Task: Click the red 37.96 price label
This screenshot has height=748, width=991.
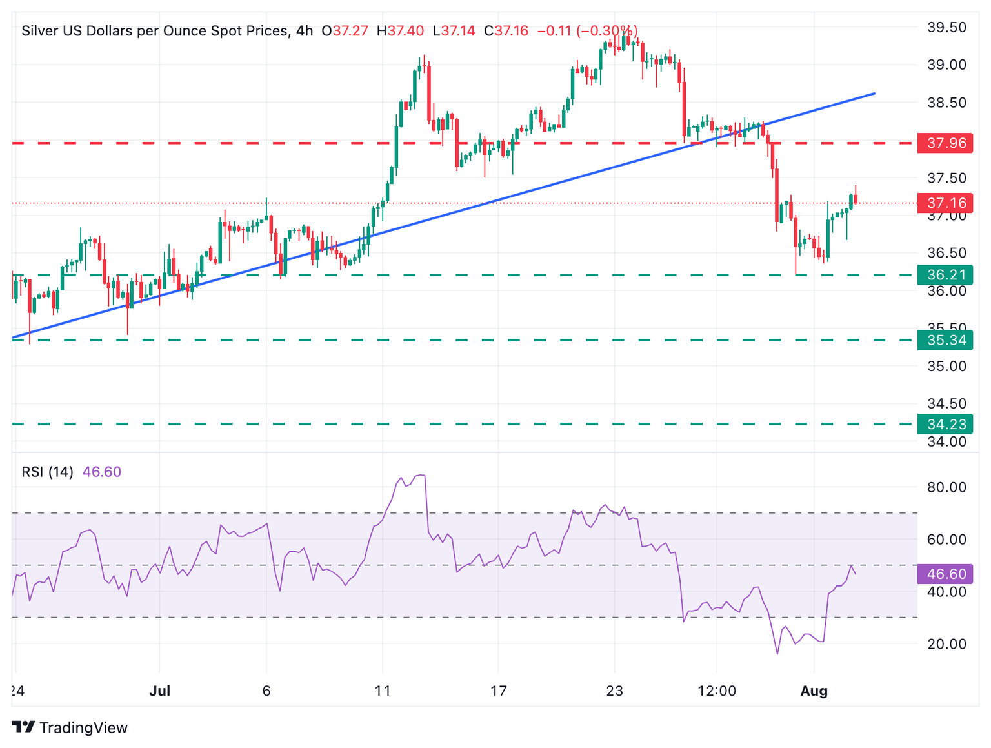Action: (x=945, y=143)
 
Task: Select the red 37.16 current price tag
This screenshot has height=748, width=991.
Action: (x=945, y=203)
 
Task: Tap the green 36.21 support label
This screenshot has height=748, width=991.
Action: (x=945, y=275)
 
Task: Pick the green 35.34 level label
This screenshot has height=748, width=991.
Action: (x=945, y=340)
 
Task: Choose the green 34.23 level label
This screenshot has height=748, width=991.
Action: (x=945, y=424)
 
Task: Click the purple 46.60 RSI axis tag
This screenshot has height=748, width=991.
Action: (x=945, y=574)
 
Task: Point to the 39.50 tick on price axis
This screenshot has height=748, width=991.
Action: (x=946, y=27)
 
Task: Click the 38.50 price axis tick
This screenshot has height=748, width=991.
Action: (x=946, y=103)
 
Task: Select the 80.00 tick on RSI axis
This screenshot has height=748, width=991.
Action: (x=946, y=487)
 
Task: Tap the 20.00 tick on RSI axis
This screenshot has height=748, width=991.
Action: (x=946, y=643)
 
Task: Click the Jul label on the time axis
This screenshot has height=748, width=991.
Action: (x=159, y=691)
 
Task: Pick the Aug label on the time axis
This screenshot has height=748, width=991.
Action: (x=814, y=691)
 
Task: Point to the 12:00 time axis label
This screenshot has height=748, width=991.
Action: (x=717, y=691)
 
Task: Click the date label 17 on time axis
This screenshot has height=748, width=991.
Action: (x=498, y=691)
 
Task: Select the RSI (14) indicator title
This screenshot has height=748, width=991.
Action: (x=47, y=472)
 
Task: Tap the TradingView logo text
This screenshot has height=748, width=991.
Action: (x=83, y=728)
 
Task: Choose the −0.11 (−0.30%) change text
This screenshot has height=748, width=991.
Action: (x=587, y=31)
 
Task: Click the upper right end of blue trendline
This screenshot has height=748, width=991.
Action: (x=874, y=94)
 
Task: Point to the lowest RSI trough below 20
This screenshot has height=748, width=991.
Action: (x=777, y=654)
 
